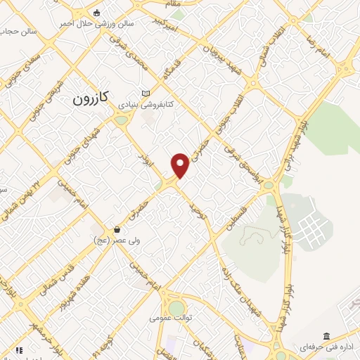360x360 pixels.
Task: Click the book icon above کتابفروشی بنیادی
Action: click(146, 94)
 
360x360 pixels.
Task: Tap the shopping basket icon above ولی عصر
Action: click(117, 229)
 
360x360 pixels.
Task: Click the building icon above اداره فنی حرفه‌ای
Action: click(326, 337)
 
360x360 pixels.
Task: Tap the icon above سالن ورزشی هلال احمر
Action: click(96, 12)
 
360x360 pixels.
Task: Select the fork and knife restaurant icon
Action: click(19, 350)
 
